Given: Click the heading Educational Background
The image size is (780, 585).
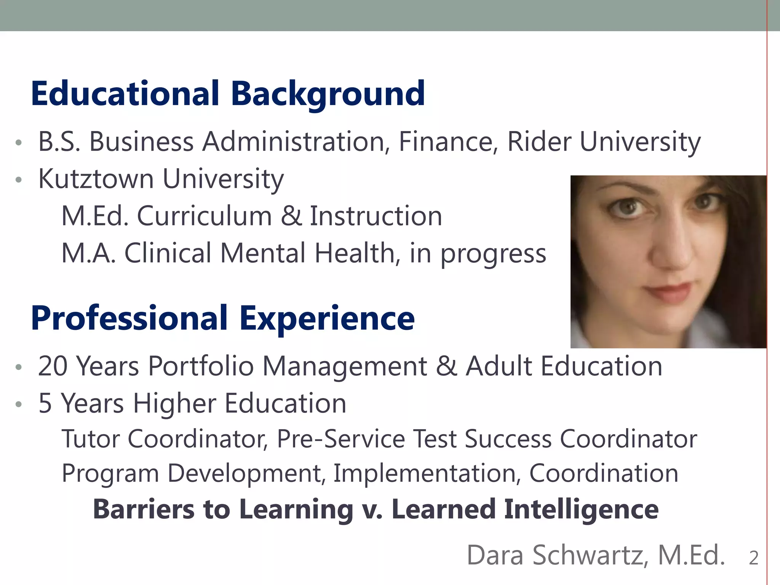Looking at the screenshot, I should coord(228,94).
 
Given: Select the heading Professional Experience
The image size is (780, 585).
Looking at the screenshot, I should coord(223,318).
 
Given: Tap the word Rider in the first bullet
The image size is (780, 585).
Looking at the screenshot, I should coord(539,142).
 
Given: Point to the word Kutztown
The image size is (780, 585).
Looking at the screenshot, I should coord(96,179).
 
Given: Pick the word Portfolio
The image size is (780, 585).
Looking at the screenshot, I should coord(201,366).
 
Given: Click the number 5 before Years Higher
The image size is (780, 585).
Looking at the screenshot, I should coord(45,403).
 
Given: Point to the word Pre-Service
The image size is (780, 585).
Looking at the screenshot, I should coord(341,439).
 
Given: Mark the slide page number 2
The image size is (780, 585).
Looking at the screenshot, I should coord(754,558).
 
